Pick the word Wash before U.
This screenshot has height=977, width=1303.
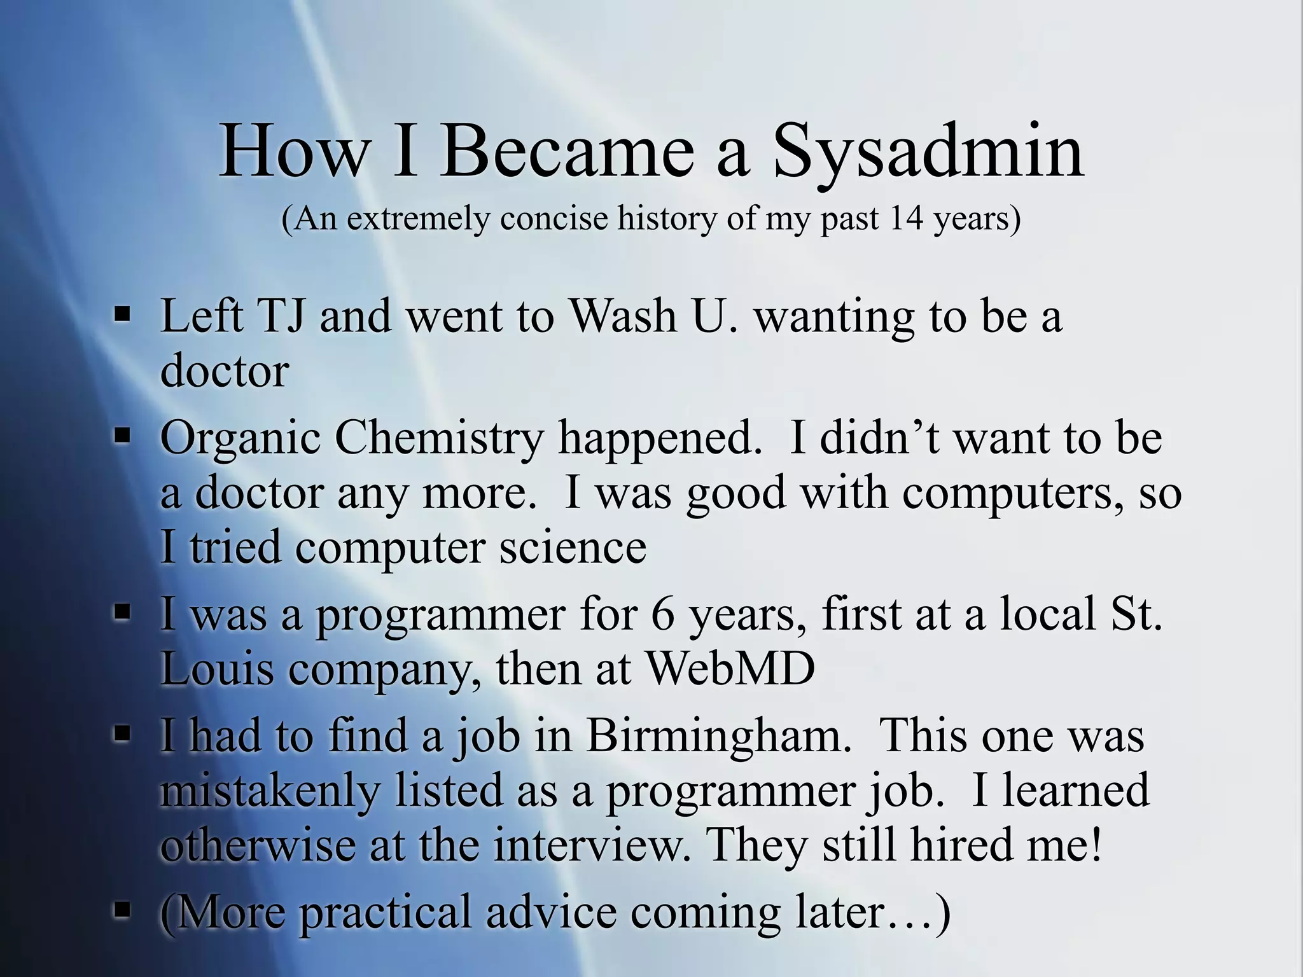[623, 316]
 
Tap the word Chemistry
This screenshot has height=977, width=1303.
[439, 440]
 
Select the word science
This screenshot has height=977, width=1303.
[572, 548]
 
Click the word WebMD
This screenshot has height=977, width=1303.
[730, 669]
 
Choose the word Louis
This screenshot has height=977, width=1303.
[216, 669]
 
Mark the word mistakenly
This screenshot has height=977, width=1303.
[270, 791]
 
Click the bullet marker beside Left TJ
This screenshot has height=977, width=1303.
[122, 314]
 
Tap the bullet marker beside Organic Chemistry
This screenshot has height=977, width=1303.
[122, 436]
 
